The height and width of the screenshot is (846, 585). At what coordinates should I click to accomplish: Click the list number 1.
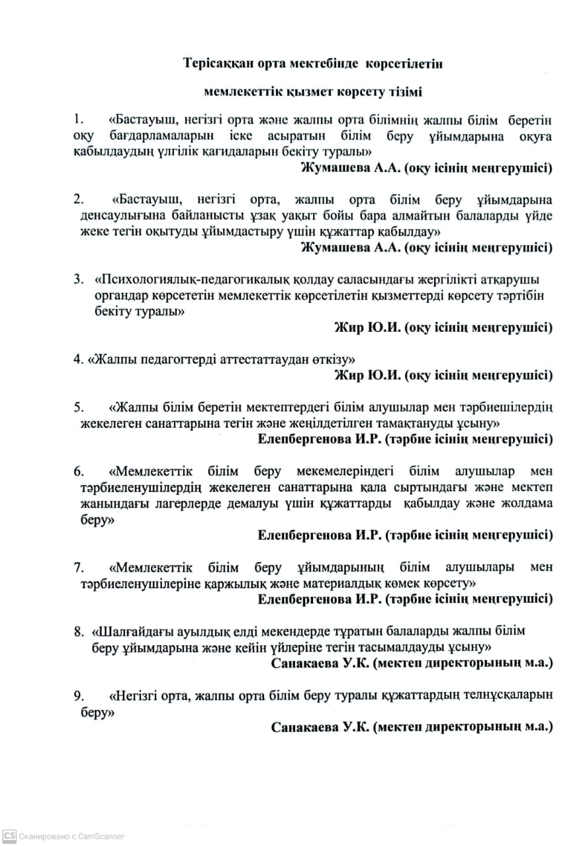click(79, 120)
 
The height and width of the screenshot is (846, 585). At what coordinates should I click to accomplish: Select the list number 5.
click(79, 406)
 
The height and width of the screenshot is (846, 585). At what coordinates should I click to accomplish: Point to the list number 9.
click(79, 695)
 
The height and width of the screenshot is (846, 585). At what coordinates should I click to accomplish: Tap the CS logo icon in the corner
click(9, 836)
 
